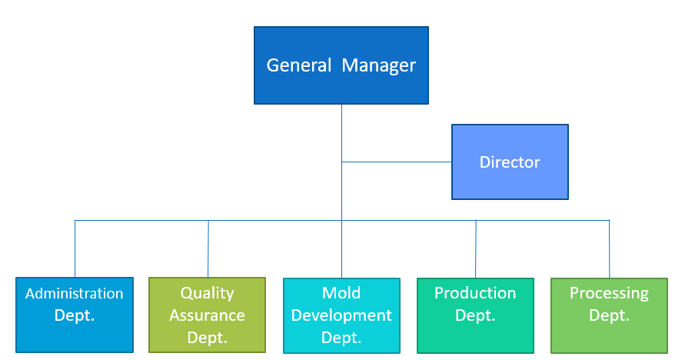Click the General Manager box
[x=341, y=65]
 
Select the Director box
[x=510, y=162]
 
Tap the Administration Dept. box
[x=75, y=315]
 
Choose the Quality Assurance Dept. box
[x=207, y=315]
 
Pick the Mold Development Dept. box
[x=341, y=315]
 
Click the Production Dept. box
[x=475, y=315]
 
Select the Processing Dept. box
[x=609, y=315]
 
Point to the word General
[x=299, y=65]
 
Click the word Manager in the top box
[x=378, y=65]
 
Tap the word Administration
[x=75, y=294]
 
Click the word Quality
[x=207, y=293]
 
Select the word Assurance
[x=207, y=315]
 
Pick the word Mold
[x=341, y=293]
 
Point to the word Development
[x=341, y=315]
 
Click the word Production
[x=475, y=293]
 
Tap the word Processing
[x=609, y=293]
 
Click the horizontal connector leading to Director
[x=397, y=162]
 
